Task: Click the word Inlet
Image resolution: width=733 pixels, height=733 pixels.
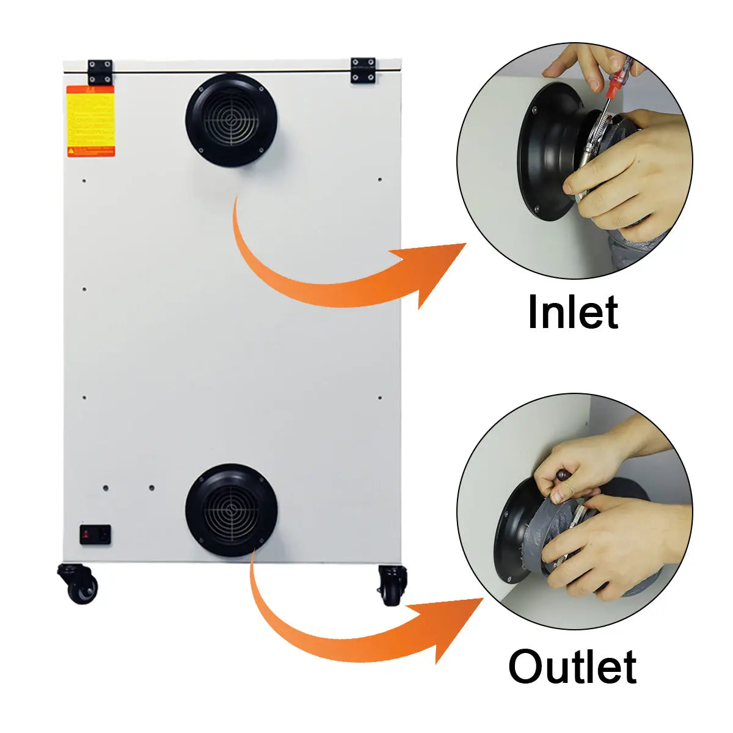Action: click(572, 313)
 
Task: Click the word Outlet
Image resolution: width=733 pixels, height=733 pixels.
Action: click(572, 667)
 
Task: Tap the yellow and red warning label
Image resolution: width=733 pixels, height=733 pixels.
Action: click(90, 121)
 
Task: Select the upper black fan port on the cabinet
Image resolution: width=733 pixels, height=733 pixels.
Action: click(232, 120)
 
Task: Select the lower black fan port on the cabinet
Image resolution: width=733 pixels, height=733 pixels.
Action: click(232, 510)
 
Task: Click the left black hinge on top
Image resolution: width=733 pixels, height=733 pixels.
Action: click(100, 71)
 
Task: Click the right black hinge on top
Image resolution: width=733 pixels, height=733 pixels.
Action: click(363, 70)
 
